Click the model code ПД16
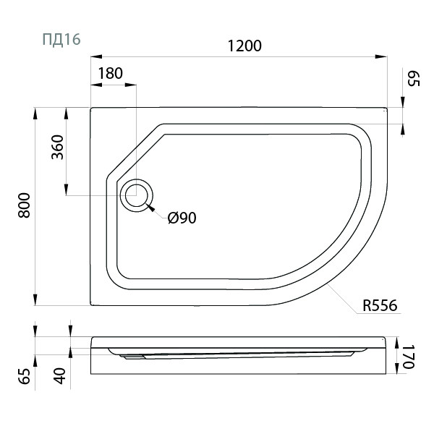pos(61,39)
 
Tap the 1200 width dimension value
pos(244,46)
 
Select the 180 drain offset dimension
pos(110,73)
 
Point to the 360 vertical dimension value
pos(58,147)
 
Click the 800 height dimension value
pos(24,205)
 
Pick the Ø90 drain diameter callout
pos(182,218)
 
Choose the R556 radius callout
pos(380,305)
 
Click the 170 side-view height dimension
pos(408,357)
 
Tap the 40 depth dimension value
pos(60,376)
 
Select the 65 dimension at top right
pos(414,78)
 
